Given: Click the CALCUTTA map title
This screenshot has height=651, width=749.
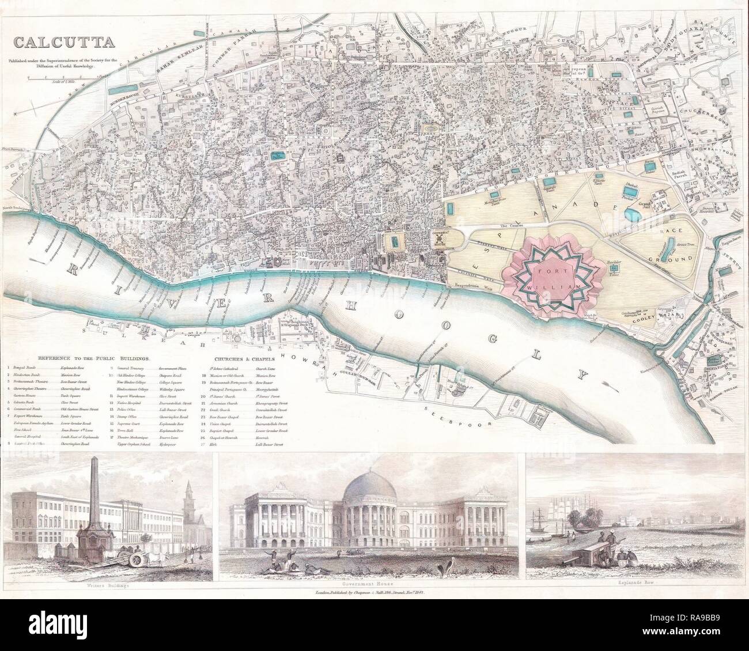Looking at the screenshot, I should click(64, 42).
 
